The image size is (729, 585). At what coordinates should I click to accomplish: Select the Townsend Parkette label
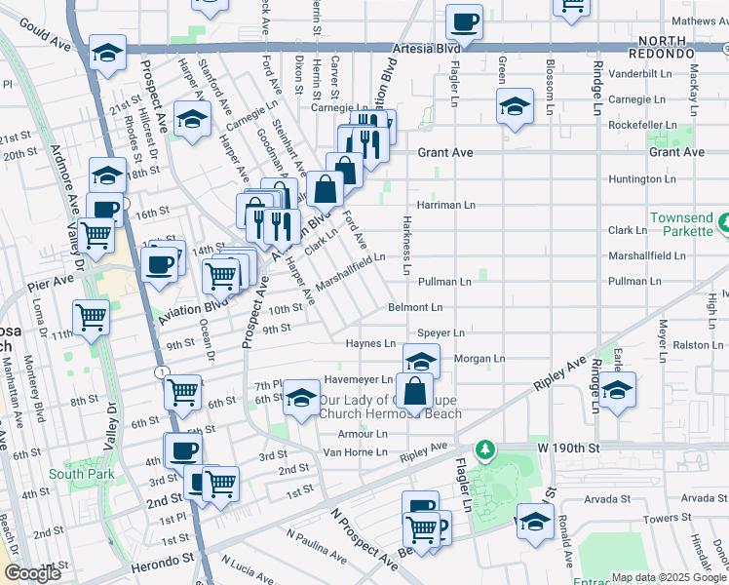coord(687,227)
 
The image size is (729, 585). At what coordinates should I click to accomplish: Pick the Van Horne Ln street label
coord(355,452)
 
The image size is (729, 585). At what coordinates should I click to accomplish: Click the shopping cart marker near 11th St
coord(91,317)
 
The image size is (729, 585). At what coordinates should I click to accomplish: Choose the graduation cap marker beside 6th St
coord(301,397)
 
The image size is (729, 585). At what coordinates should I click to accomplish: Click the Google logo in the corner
coord(33,573)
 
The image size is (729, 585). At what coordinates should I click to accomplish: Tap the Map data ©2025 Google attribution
coord(668,576)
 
